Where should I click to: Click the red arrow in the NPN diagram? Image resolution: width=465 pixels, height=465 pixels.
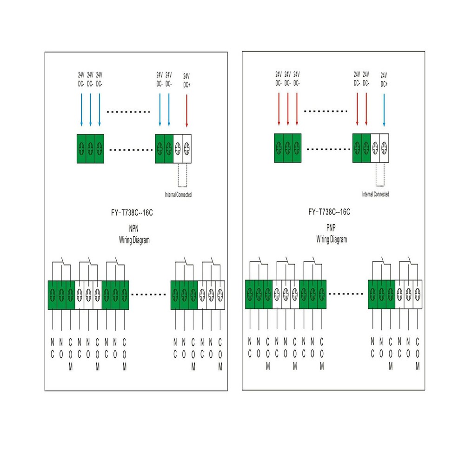coord(186,111)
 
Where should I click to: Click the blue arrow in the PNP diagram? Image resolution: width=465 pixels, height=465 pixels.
coord(384,110)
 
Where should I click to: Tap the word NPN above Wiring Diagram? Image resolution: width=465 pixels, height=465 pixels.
coord(133,229)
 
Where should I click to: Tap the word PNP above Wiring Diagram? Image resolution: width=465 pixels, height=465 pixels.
coord(331,228)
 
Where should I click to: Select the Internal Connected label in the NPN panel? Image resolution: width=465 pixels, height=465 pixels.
coord(178,195)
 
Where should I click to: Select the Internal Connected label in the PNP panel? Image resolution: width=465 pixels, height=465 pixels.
coord(375,194)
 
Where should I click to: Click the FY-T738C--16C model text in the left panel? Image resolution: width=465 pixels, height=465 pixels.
coord(132,213)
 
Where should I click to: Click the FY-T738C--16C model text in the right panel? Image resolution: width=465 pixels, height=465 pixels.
coord(329,212)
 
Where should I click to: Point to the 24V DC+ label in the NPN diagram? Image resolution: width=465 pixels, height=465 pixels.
coord(186,80)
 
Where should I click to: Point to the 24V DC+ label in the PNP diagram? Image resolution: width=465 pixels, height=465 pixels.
coord(384,80)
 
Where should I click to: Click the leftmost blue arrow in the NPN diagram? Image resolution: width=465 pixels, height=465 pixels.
coord(81,110)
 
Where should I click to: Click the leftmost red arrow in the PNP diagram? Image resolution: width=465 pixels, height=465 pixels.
coord(279,109)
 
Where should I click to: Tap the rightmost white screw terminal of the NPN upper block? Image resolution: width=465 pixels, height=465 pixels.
coord(187,149)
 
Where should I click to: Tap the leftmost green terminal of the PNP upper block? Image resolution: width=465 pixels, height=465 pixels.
coord(279,148)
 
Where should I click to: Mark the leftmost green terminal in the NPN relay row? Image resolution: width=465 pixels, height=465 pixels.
coord(53,295)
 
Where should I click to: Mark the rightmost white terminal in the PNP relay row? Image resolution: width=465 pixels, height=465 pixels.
coord(418,294)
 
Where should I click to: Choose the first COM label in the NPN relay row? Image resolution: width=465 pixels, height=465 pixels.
coord(70,355)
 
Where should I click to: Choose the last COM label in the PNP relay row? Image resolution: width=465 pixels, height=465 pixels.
coord(418,354)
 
